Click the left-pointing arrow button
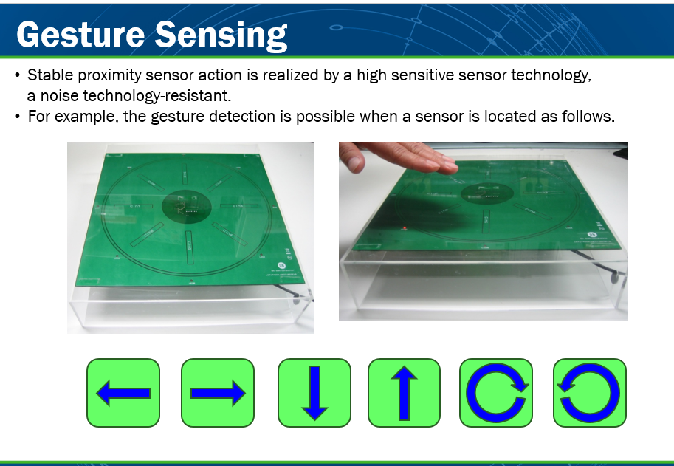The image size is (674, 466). click(123, 393)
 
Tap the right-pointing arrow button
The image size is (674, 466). click(218, 393)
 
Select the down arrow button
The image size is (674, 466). click(314, 393)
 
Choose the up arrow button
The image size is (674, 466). click(404, 393)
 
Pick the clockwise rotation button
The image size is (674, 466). click(496, 393)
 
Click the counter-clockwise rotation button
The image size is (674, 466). click(590, 393)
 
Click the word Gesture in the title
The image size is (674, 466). click(80, 35)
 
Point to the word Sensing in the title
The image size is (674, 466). click(221, 35)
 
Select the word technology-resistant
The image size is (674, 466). click(157, 96)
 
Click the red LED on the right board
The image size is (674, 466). click(405, 228)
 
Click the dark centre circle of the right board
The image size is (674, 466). click(487, 193)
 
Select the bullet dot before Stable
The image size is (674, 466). click(17, 75)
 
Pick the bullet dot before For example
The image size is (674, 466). click(17, 117)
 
